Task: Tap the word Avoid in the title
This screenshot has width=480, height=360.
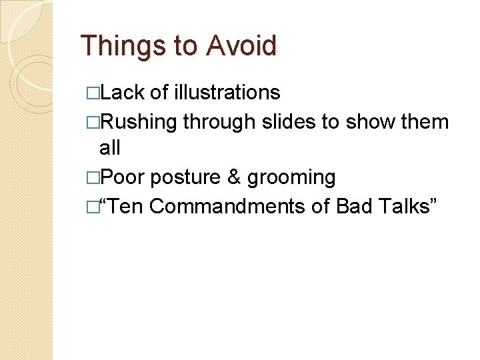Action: (241, 46)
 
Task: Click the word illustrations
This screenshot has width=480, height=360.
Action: (227, 92)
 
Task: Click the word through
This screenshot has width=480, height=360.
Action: (219, 121)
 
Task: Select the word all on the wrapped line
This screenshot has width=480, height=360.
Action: (109, 148)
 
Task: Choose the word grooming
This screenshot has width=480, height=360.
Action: (291, 178)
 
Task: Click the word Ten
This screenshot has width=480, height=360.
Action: (126, 207)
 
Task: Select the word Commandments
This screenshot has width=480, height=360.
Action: (227, 207)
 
